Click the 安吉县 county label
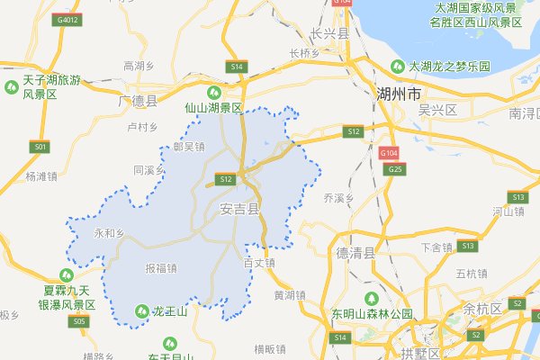coord(239,209)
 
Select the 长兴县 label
coord(328,33)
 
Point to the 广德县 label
coord(138,100)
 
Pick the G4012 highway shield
coord(67,18)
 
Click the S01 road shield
coord(39,146)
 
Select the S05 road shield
coord(80,320)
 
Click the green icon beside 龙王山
coord(142,311)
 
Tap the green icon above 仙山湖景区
coord(214,91)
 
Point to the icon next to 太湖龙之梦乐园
coord(397,66)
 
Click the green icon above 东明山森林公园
coord(367,298)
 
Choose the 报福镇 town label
coord(160,267)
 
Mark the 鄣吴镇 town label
coord(189,146)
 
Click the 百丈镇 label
coord(259,263)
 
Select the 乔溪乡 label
coord(340,196)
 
